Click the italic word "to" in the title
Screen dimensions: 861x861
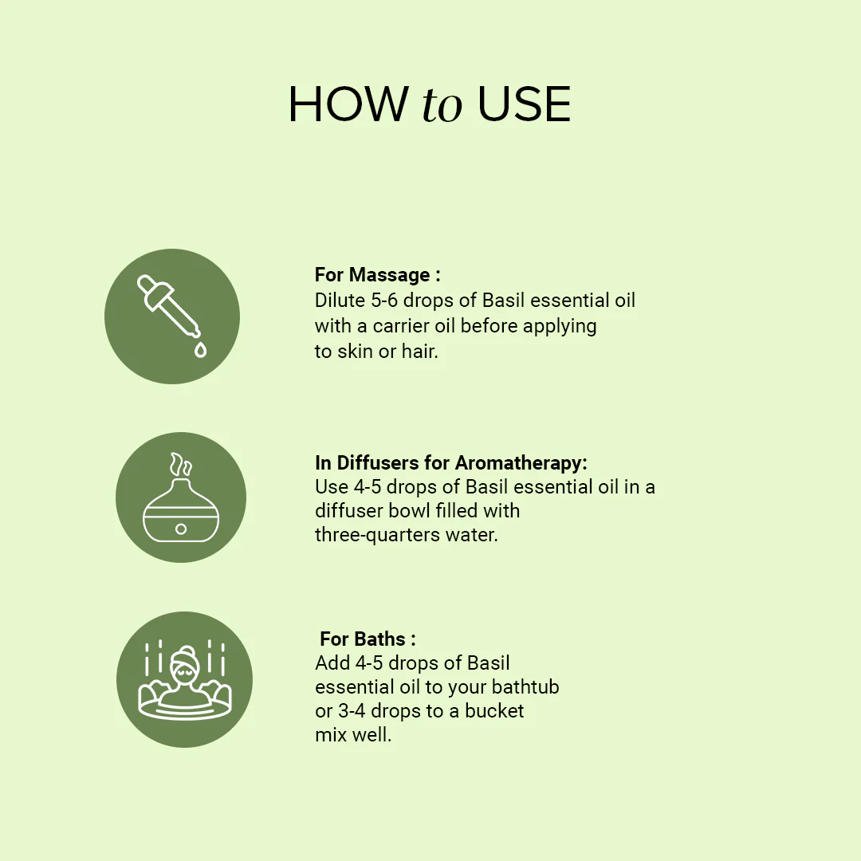tap(442, 107)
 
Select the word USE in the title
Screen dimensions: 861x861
tap(524, 104)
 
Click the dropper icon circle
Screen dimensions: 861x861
tap(172, 316)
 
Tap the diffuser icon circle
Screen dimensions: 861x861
tap(181, 497)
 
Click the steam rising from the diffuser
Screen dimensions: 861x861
tap(181, 465)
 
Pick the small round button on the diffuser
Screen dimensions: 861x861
tap(181, 529)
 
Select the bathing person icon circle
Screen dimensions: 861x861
tap(184, 679)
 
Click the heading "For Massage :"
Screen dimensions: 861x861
tap(377, 275)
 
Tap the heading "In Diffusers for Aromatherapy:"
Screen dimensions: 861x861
tap(450, 462)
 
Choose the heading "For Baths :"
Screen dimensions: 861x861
tap(368, 639)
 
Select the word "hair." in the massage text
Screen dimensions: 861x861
tap(420, 350)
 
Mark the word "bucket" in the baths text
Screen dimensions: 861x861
tap(494, 710)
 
